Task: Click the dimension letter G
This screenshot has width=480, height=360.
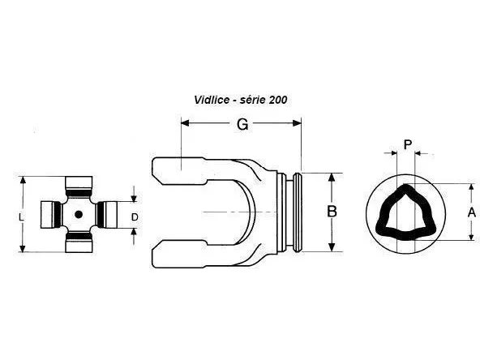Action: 242,124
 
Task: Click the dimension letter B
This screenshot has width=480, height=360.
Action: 332,212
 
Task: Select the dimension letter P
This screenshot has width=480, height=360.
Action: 408,144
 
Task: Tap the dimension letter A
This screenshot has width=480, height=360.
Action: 472,212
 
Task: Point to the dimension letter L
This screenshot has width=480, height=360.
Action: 21,217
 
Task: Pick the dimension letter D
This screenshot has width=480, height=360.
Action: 135,217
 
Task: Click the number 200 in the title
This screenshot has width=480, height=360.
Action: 278,100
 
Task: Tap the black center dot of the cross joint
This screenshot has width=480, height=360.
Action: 79,215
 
